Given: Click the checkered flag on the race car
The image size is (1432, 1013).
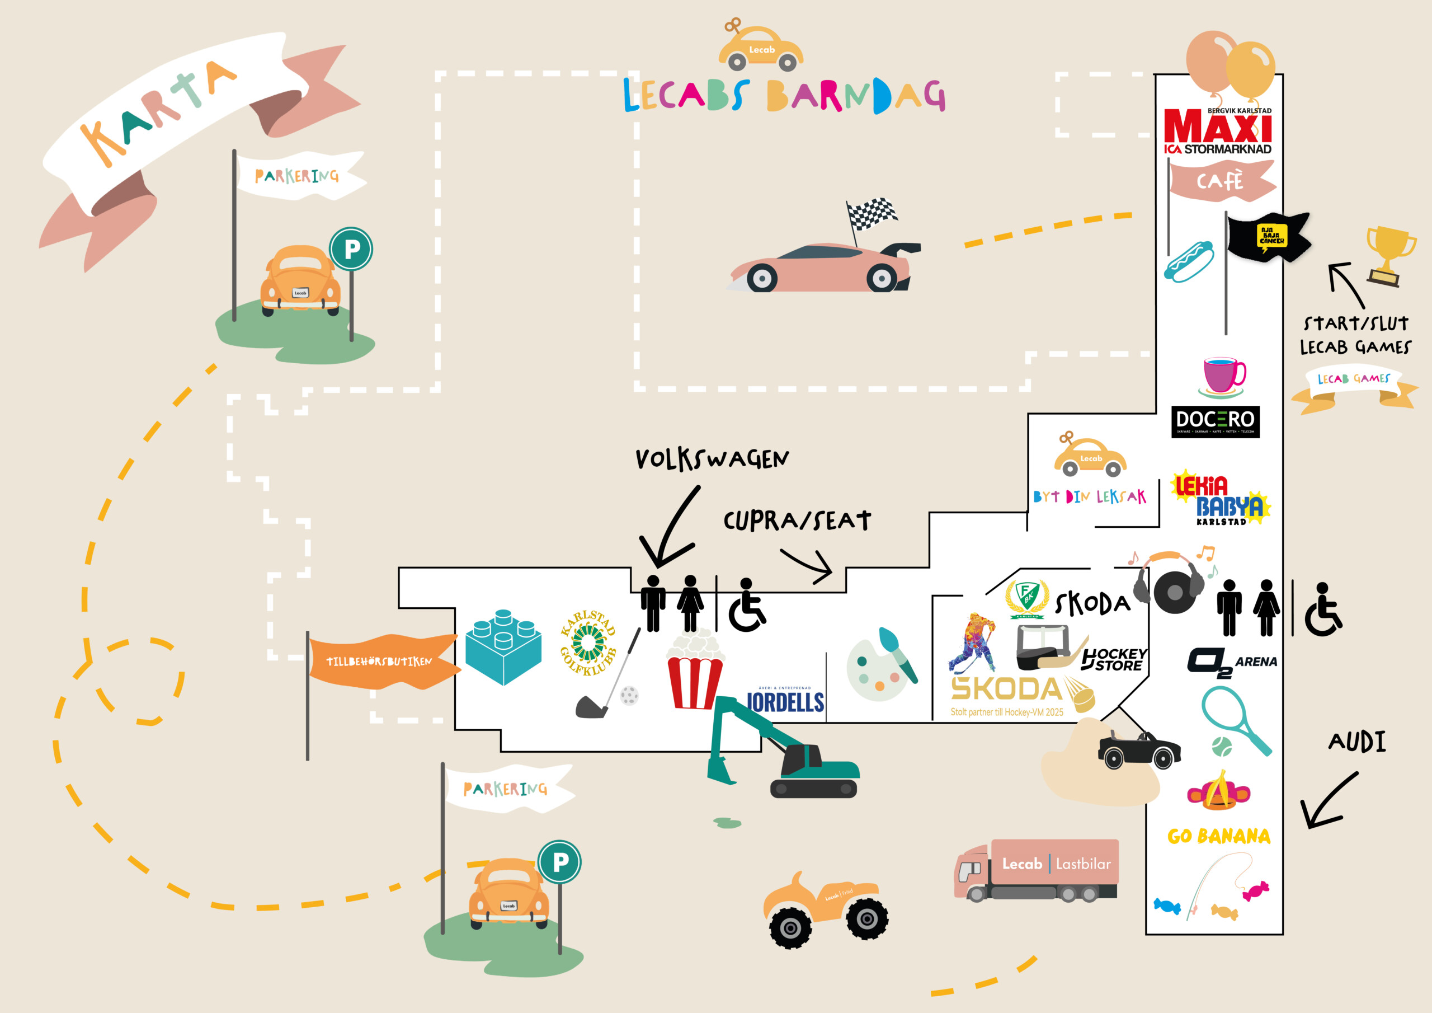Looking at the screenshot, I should [872, 213].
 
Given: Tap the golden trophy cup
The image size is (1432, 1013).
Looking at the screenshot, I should [1389, 254].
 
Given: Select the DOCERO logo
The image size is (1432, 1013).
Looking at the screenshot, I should [1215, 421].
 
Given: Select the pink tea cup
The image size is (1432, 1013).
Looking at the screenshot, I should [1223, 375].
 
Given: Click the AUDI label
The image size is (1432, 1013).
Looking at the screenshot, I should [1357, 742].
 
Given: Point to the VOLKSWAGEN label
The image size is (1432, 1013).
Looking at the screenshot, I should [712, 459].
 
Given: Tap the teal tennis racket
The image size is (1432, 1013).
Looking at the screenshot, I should [1235, 718].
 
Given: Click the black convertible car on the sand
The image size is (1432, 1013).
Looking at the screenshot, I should [1138, 749].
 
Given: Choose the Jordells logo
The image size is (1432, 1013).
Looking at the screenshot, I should [785, 700].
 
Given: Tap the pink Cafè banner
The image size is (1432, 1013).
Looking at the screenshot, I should [1221, 181].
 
